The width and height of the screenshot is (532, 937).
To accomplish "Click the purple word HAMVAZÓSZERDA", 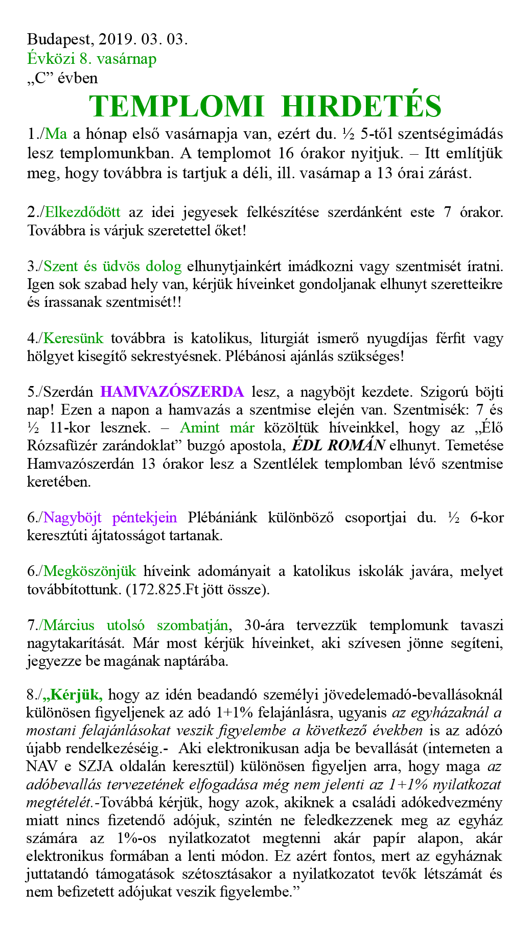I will point(172,392).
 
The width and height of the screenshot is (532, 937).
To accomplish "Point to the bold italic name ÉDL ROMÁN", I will point(338,445).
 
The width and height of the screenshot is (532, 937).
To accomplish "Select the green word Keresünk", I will point(74,338).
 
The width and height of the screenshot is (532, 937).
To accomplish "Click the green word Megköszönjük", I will point(90,571).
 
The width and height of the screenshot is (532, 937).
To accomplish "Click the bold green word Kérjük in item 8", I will point(76,694).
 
